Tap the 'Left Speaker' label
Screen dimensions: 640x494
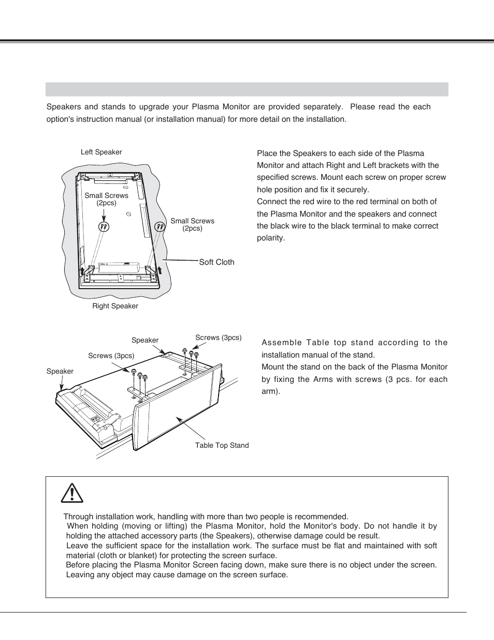[x=101, y=152]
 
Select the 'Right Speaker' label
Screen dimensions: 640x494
[x=115, y=306]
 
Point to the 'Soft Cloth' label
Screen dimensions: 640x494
[x=216, y=262]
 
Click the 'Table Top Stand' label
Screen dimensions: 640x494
[x=222, y=446]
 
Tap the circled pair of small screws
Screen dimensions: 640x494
[x=104, y=227]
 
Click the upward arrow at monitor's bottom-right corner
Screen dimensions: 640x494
[x=159, y=269]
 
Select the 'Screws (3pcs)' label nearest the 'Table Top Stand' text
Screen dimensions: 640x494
[x=218, y=338]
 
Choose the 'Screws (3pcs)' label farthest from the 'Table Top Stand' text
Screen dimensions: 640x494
[x=111, y=356]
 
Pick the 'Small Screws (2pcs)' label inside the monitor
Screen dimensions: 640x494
[x=106, y=199]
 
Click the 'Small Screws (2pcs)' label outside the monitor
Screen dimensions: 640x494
[x=192, y=224]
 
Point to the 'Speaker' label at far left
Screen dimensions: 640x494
[x=60, y=372]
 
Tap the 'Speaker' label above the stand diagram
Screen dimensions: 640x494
[x=145, y=340]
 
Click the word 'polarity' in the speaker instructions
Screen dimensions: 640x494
[x=271, y=238]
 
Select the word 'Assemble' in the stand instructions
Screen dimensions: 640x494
[x=280, y=343]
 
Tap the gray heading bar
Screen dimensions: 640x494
[x=246, y=89]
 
